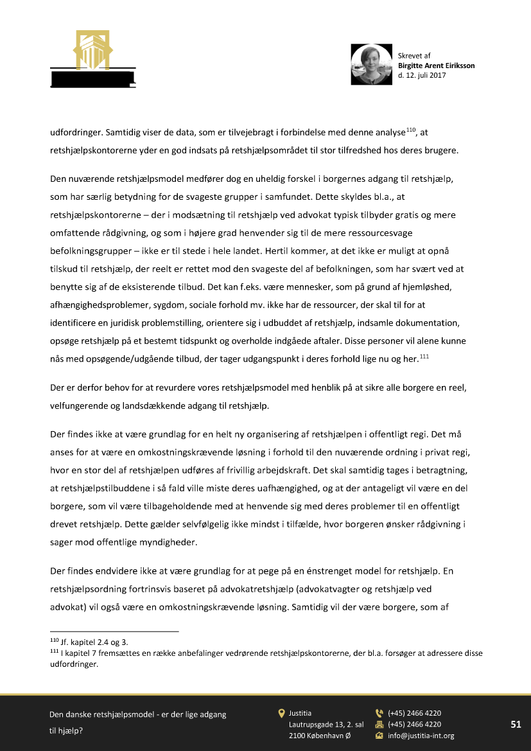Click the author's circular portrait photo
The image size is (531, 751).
[x=371, y=64]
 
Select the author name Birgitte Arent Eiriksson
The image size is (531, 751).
[x=436, y=66]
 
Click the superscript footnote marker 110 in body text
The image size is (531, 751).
[x=411, y=131]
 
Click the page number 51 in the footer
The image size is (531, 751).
[x=516, y=724]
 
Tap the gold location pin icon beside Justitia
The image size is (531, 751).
[x=281, y=713]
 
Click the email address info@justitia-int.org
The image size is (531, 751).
[x=421, y=736]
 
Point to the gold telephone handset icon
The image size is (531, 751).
[x=379, y=713]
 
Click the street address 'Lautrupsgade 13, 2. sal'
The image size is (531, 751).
[x=326, y=724]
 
